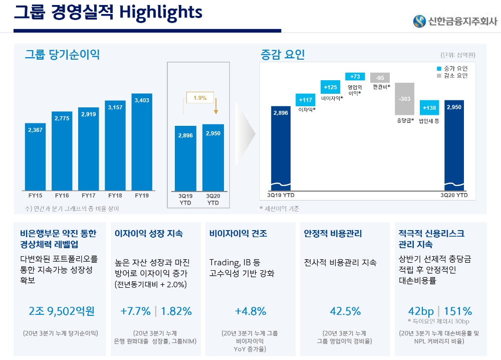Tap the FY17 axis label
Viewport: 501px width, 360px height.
pyautogui.click(x=89, y=196)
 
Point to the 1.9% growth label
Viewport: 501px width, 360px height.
pyautogui.click(x=200, y=98)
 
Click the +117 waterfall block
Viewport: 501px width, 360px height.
pyautogui.click(x=306, y=100)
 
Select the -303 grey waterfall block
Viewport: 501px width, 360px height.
pyautogui.click(x=405, y=99)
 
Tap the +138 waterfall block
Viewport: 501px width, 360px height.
pyautogui.click(x=429, y=108)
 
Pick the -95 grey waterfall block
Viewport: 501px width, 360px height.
pyautogui.click(x=380, y=78)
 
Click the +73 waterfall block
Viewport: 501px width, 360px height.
pyautogui.click(x=355, y=77)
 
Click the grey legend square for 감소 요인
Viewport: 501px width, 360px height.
pyautogui.click(x=433, y=76)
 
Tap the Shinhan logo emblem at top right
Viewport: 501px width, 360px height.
pyautogui.click(x=419, y=21)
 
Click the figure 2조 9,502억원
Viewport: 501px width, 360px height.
pyautogui.click(x=62, y=311)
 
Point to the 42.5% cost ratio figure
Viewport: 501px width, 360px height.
pyautogui.click(x=345, y=311)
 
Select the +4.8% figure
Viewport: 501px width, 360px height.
pyautogui.click(x=250, y=311)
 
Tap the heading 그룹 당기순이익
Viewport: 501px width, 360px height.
pyautogui.click(x=62, y=54)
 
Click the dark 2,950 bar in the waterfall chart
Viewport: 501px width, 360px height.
pyautogui.click(x=454, y=145)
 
